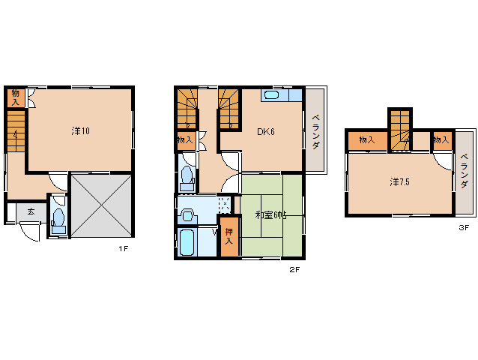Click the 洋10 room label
80,131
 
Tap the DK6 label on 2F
266,132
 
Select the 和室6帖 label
270,215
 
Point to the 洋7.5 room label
399,182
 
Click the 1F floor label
123,249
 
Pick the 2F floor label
294,269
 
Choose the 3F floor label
464,227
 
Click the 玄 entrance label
31,211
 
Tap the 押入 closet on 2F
229,236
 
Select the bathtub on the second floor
187,242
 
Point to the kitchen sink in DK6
271,95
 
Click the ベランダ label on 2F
316,131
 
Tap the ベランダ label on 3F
464,171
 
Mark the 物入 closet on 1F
16,97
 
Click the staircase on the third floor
400,130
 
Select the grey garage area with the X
101,205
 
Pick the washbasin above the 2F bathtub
187,215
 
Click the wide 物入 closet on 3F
368,141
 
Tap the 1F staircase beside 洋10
16,131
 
